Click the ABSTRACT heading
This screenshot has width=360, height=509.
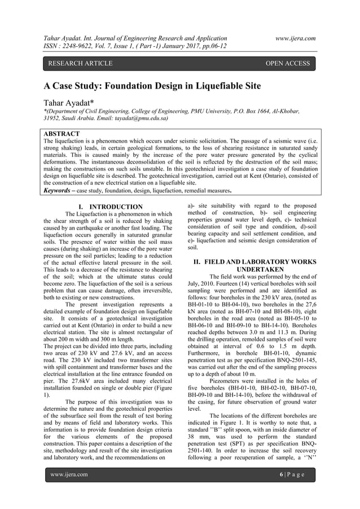click(62, 134)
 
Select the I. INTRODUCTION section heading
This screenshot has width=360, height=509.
click(111, 207)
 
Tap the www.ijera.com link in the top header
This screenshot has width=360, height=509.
click(293, 38)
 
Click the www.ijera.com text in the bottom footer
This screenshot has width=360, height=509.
click(69, 490)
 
